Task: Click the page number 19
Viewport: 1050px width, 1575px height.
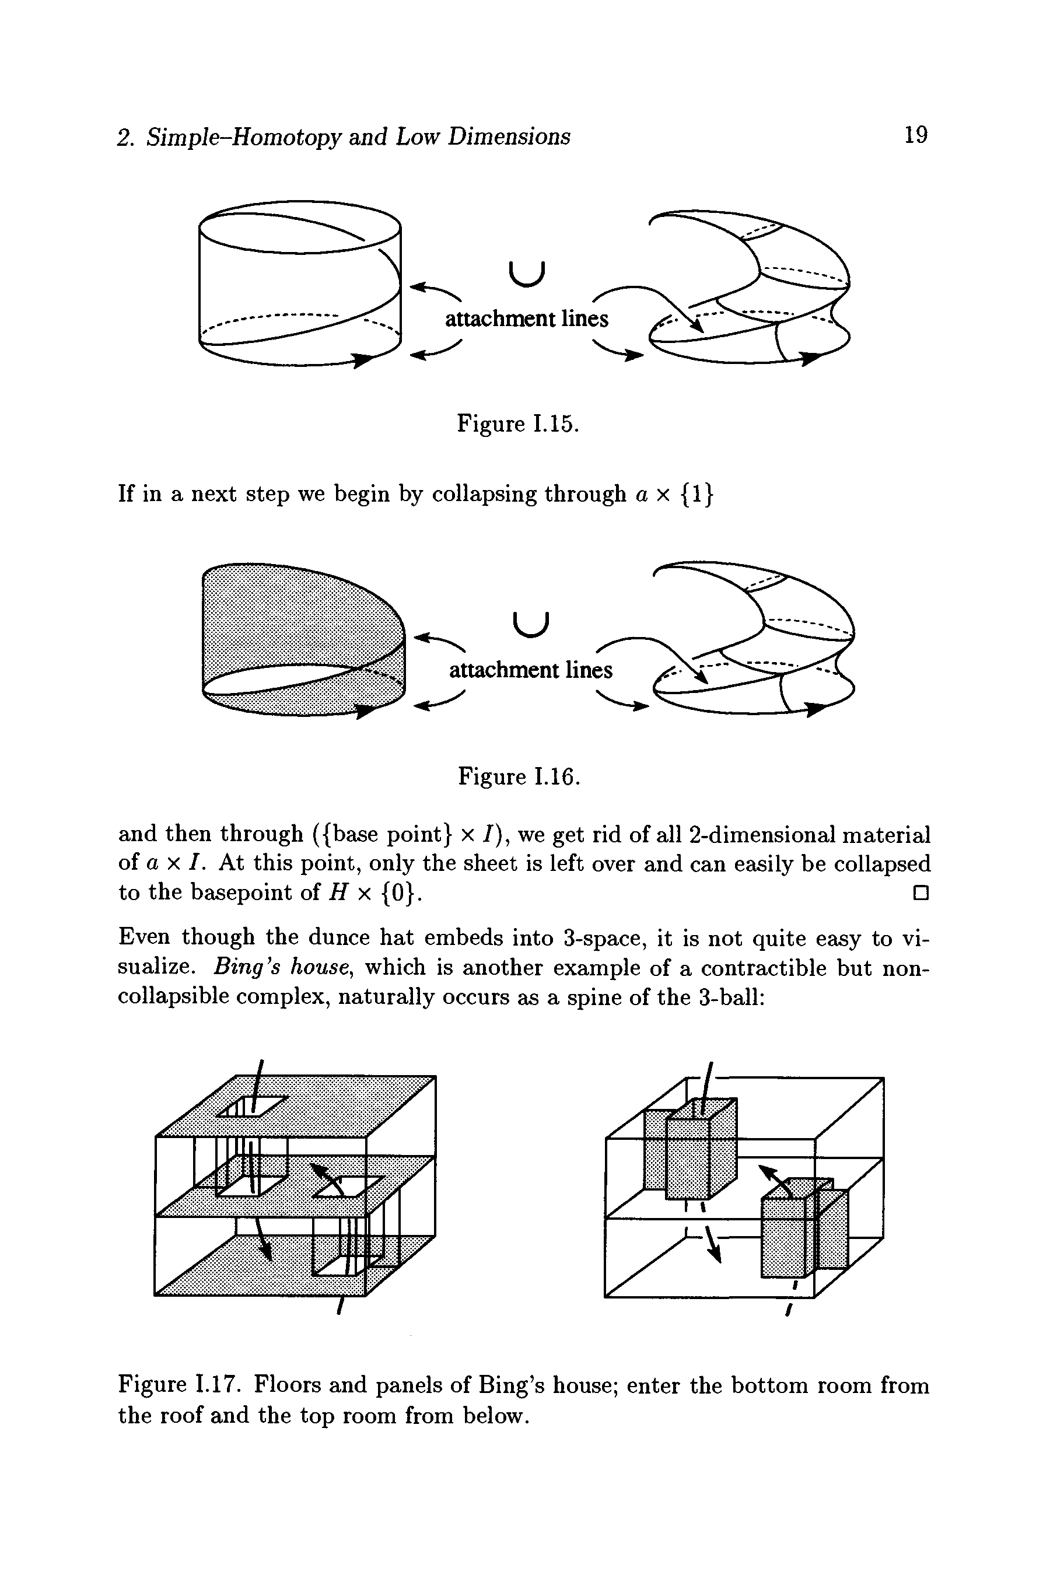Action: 915,135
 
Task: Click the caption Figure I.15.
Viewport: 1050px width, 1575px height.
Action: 517,424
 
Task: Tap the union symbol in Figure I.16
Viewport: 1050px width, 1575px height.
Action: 531,625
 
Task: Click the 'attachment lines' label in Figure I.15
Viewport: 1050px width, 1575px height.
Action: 526,318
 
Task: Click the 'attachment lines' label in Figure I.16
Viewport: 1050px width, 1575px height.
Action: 530,670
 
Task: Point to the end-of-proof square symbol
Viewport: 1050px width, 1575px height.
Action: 920,892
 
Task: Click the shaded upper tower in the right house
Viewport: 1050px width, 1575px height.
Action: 689,1149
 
